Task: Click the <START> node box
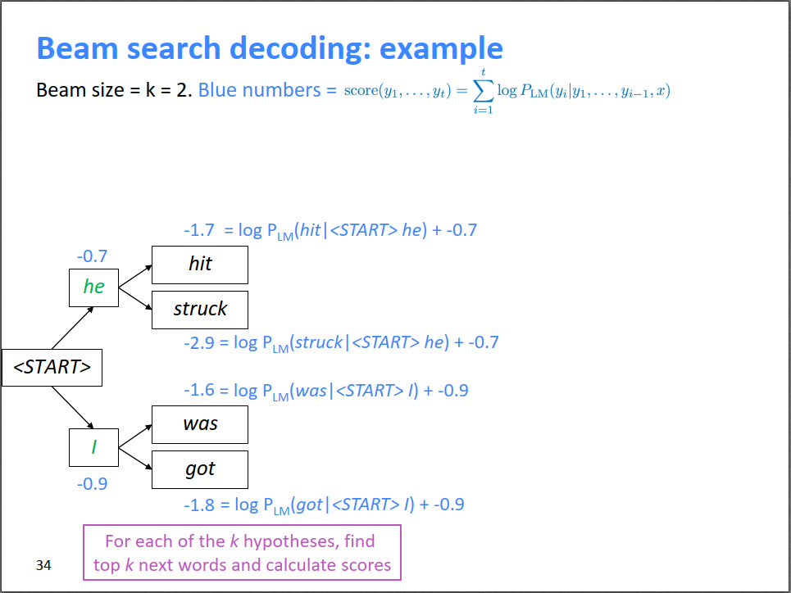tap(52, 367)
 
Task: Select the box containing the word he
tap(93, 287)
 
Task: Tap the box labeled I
tap(93, 447)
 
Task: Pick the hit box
tap(200, 264)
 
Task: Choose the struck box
tap(200, 309)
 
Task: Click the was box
tap(200, 423)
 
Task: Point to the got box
tap(200, 469)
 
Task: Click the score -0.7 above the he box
tap(92, 256)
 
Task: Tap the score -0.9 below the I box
tap(92, 483)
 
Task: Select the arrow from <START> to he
tap(72, 328)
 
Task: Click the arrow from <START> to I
tap(72, 407)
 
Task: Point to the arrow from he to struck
tap(135, 297)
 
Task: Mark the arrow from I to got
tap(135, 458)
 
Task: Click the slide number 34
tap(43, 565)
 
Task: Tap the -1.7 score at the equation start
tap(199, 230)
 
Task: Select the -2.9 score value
tap(199, 342)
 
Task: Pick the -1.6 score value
tap(199, 391)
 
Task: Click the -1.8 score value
tap(199, 505)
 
